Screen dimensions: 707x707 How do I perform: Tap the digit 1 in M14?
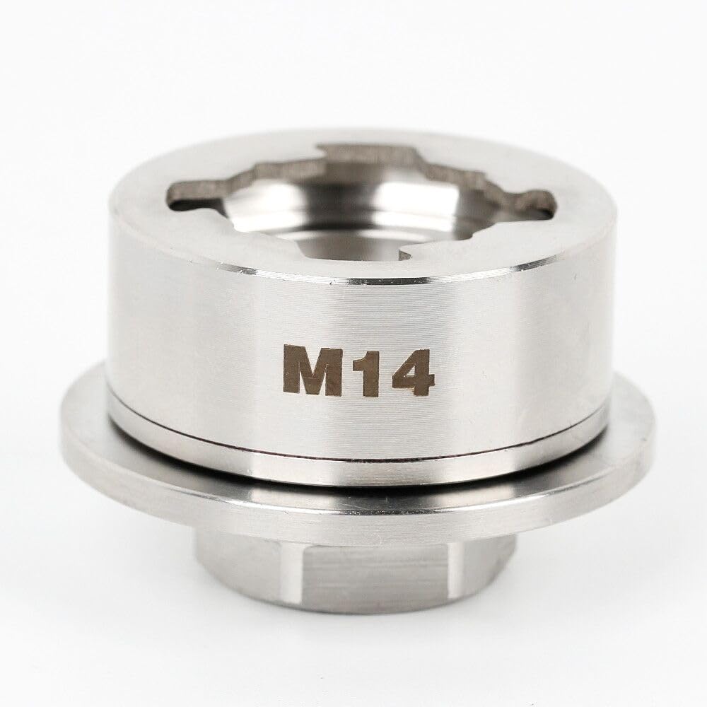pos(361,370)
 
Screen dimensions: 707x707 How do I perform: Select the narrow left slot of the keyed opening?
pos(185,196)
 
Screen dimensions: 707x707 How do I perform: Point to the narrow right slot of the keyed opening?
pos(537,201)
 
